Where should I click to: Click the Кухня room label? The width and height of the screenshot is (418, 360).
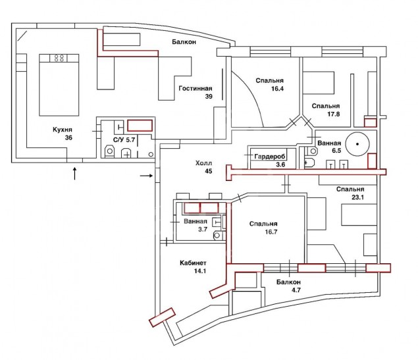coord(63,130)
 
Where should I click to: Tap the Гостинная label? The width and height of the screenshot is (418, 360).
coord(196,88)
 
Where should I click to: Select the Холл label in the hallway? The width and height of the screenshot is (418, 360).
coord(203,163)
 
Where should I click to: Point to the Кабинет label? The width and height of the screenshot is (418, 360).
coord(193,263)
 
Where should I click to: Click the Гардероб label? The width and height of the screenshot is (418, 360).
coord(270,157)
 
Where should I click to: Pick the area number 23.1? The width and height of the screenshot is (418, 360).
coord(357,197)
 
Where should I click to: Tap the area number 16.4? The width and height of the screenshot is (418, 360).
coord(277,89)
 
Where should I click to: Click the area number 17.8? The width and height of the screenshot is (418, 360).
coord(334,115)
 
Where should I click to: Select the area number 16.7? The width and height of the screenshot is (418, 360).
coord(271,232)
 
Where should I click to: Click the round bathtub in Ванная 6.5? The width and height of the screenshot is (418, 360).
coord(357,144)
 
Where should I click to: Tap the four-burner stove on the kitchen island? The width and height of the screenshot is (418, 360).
coord(59,58)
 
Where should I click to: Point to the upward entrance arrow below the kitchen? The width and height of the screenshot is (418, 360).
coord(74,173)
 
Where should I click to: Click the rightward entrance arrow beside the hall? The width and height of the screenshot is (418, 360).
coord(146,176)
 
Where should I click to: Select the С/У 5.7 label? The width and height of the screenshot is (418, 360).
coord(124,140)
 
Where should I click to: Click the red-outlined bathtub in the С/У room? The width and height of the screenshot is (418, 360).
coord(140,126)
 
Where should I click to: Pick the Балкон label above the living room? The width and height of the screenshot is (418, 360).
coord(184,42)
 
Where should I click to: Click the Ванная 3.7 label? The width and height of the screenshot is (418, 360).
coord(196,225)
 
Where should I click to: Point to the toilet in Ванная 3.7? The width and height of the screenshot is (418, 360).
coord(218,235)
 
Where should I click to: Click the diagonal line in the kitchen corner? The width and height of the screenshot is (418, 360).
coord(22,36)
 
